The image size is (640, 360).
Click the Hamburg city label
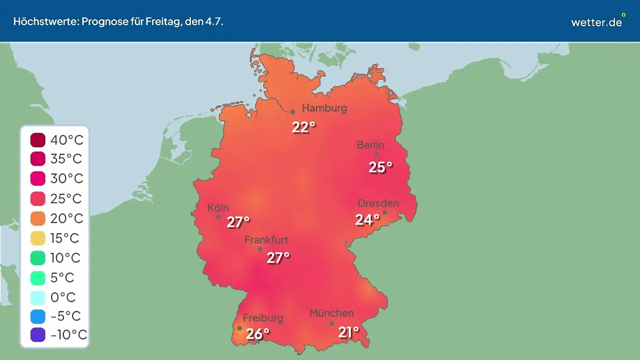click(x=324, y=108)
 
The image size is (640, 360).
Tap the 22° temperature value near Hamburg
click(x=303, y=127)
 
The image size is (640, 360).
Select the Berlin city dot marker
click(x=377, y=154)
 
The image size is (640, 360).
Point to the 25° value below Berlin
click(x=380, y=167)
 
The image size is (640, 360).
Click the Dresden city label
click(x=378, y=203)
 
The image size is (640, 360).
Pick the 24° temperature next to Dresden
click(x=367, y=219)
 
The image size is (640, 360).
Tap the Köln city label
click(x=218, y=207)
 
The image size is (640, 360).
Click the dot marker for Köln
click(x=218, y=217)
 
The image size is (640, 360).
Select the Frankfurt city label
click(x=266, y=240)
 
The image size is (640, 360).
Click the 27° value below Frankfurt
click(x=278, y=258)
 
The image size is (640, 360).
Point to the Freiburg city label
click(x=263, y=318)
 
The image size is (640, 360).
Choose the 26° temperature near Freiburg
click(x=258, y=334)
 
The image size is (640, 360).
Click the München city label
click(x=331, y=313)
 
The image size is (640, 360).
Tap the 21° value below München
click(x=349, y=333)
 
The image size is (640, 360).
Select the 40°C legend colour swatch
click(x=38, y=140)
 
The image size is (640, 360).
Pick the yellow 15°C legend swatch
click(x=38, y=238)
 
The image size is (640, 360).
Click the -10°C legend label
click(x=68, y=335)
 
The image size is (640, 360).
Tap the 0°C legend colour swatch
click(x=38, y=297)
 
